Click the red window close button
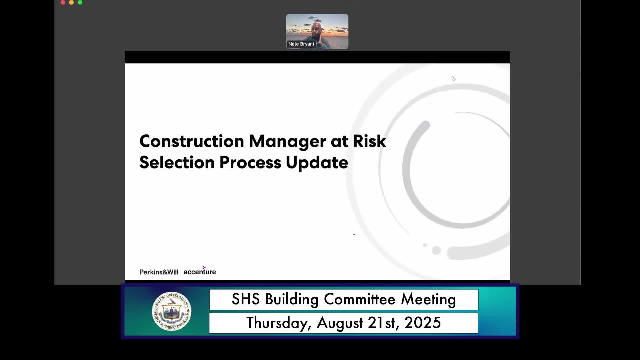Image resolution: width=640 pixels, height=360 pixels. pyautogui.click(x=63, y=2)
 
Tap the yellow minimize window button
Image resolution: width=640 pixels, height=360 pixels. pyautogui.click(x=71, y=2)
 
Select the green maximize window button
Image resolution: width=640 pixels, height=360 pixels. pyautogui.click(x=80, y=2)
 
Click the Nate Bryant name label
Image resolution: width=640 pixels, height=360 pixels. pyautogui.click(x=301, y=44)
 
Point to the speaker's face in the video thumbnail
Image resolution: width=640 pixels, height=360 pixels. pyautogui.click(x=317, y=31)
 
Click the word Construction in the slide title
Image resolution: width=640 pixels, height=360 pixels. pyautogui.click(x=192, y=141)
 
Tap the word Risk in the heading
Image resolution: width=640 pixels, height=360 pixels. pyautogui.click(x=369, y=141)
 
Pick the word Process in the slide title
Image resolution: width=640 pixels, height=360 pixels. pyautogui.click(x=250, y=163)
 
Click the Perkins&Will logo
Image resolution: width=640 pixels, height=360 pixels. pyautogui.click(x=159, y=272)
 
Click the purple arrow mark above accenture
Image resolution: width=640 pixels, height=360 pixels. pyautogui.click(x=204, y=267)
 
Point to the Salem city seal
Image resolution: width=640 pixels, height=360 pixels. pyautogui.click(x=172, y=311)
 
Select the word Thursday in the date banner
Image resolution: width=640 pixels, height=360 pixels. pyautogui.click(x=279, y=323)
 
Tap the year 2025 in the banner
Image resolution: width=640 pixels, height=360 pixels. pyautogui.click(x=423, y=323)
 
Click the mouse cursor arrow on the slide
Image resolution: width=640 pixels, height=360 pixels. pyautogui.click(x=453, y=78)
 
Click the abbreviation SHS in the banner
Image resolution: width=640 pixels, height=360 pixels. pyautogui.click(x=246, y=299)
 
